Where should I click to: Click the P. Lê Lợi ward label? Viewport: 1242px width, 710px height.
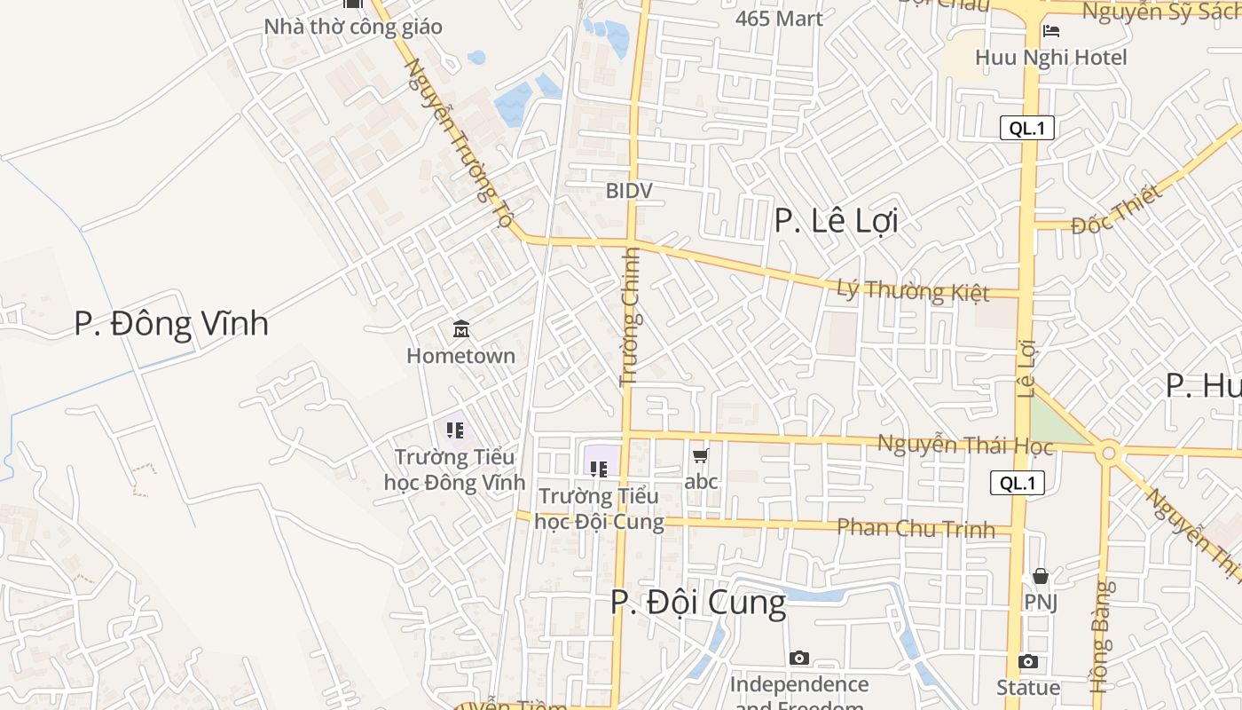tap(836, 220)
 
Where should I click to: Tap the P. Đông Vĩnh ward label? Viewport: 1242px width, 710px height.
tap(171, 324)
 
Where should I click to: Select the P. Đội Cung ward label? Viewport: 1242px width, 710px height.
tap(697, 603)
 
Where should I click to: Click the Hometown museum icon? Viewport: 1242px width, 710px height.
tap(461, 329)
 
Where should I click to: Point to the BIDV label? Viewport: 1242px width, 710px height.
tap(629, 190)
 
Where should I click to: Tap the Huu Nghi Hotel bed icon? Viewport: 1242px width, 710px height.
tap(1051, 32)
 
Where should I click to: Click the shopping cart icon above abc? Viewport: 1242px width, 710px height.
tap(701, 456)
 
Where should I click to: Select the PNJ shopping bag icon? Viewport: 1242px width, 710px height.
tap(1041, 577)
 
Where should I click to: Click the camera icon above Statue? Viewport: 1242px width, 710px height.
tap(1028, 662)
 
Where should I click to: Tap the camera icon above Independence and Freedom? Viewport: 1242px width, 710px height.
tap(799, 659)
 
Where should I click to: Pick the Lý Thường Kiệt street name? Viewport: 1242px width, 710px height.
tap(913, 290)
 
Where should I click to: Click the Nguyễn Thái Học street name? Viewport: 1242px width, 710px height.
tap(964, 445)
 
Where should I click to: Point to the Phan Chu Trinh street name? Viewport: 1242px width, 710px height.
tap(916, 528)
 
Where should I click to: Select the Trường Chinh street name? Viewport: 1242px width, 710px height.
tap(630, 317)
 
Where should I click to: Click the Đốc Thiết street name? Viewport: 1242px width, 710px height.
tap(1116, 210)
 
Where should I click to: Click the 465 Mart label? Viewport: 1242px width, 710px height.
tap(779, 18)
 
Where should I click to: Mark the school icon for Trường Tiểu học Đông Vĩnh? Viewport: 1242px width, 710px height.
tap(455, 431)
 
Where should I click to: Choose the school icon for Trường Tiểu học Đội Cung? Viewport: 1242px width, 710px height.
tap(599, 469)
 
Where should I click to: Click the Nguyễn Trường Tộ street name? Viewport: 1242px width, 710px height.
tap(459, 142)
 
